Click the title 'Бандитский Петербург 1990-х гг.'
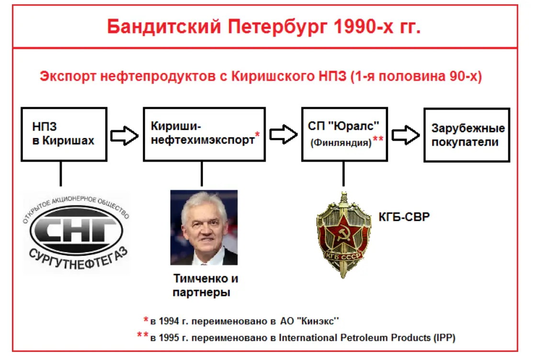[264, 27]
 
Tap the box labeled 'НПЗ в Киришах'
[64, 135]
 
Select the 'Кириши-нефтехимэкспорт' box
[205, 135]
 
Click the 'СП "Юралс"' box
[344, 135]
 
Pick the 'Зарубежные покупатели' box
[467, 135]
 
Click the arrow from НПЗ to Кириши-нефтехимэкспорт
[125, 135]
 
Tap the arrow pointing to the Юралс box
[284, 135]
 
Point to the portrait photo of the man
[204, 227]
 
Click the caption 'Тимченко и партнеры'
[205, 285]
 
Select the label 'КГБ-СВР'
[404, 217]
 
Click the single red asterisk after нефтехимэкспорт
[257, 135]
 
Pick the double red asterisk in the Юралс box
[378, 138]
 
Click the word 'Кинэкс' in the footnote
[318, 321]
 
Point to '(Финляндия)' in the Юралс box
[341, 143]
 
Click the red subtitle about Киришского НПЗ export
[261, 77]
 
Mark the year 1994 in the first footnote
[169, 321]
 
